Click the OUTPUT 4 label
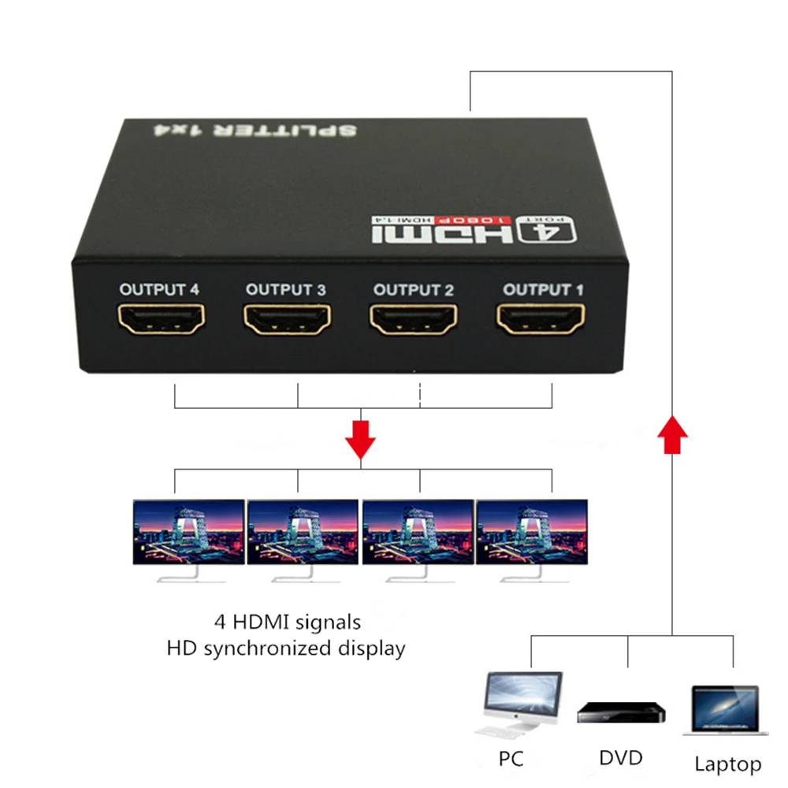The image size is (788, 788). tap(159, 289)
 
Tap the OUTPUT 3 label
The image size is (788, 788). tap(285, 289)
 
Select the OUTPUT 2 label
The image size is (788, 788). tap(414, 290)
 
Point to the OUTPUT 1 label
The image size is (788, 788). tap(544, 290)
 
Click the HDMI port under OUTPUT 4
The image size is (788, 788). tap(161, 321)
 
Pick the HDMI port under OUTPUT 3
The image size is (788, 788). tap(287, 321)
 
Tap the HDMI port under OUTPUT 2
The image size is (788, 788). tap(414, 321)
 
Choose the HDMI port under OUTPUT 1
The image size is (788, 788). tap(543, 321)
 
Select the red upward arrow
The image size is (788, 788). tap(672, 435)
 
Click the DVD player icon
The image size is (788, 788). tap(621, 712)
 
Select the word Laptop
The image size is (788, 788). tap(728, 764)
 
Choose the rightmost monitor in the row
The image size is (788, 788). tap(532, 536)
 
